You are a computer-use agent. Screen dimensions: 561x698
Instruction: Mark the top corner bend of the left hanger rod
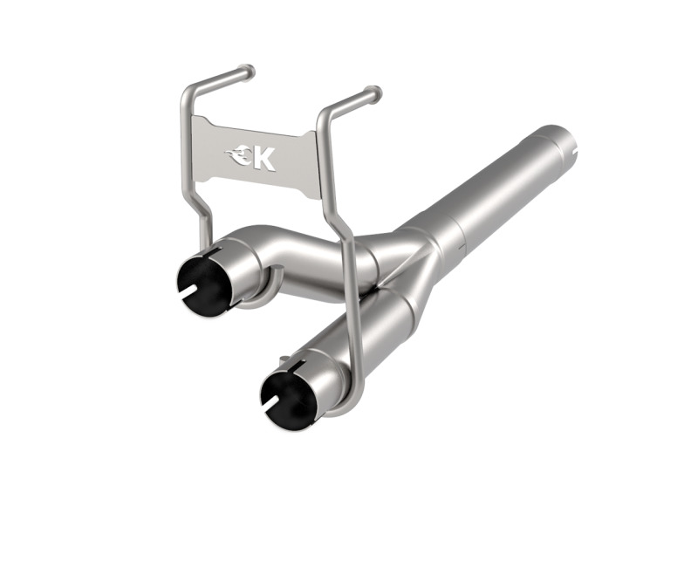(189, 92)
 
